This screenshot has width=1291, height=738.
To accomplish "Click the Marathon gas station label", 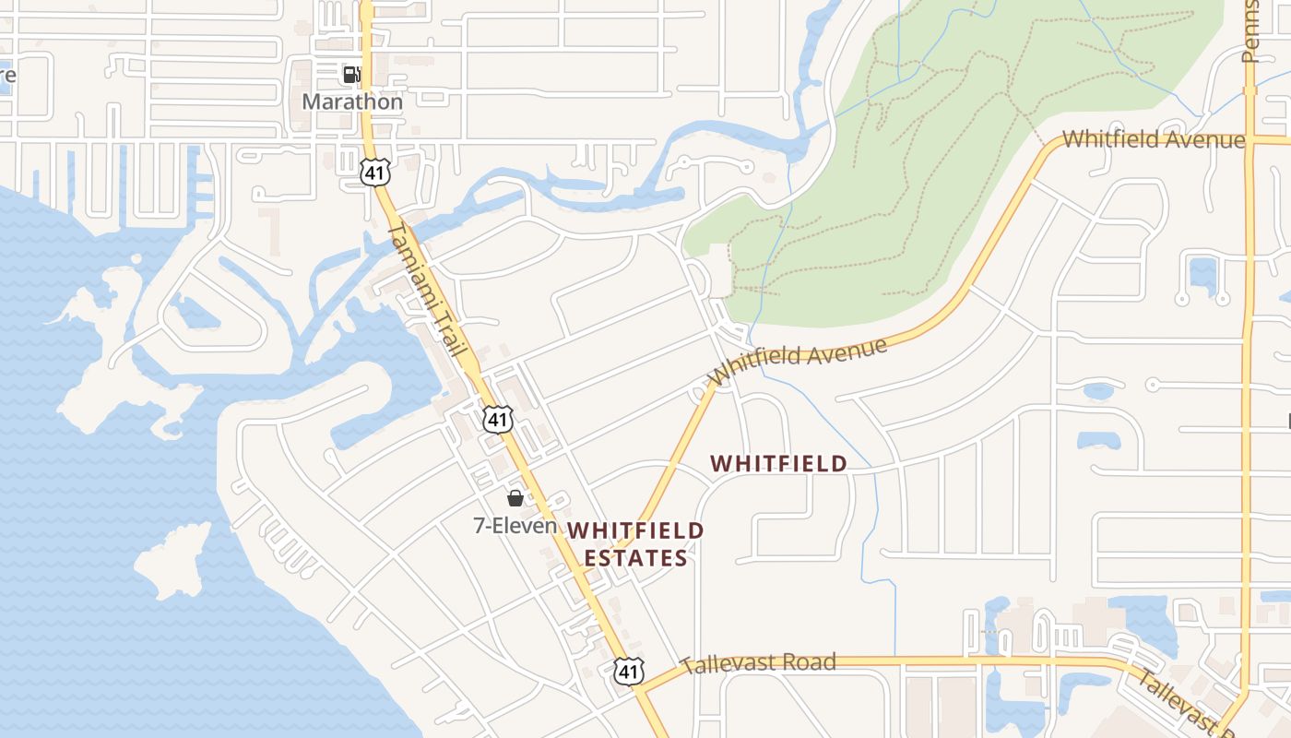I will pos(352,101).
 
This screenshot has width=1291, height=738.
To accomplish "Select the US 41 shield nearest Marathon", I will pos(376,171).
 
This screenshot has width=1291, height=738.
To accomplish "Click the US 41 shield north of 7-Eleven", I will pos(497,420).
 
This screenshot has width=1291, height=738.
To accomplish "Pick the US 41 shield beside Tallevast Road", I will pos(628,671).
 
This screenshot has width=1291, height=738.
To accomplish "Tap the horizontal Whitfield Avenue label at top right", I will pos(1154,140).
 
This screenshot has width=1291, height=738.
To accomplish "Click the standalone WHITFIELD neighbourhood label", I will pos(779,463).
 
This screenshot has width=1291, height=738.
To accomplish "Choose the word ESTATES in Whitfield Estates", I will pos(635,558).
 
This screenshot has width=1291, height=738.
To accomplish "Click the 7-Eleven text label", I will pos(515,526).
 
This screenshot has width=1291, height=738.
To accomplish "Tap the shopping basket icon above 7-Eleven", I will pos(515,498).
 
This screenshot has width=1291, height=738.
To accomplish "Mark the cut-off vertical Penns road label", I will pos(1250,32).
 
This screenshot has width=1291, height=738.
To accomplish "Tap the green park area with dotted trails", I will pos(922,184).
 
